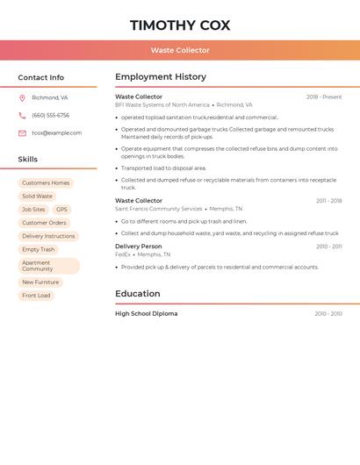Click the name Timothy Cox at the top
[x=180, y=25]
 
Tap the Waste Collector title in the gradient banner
[x=180, y=50]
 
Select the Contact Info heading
[x=41, y=77]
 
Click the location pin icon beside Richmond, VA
[x=22, y=98]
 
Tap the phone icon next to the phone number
[x=22, y=116]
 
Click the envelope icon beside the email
[x=22, y=133]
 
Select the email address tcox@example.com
[x=56, y=133]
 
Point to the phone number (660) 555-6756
[x=50, y=116]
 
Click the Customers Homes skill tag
[x=46, y=183]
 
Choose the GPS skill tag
[x=61, y=210]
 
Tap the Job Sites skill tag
[x=33, y=210]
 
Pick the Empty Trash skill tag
[x=38, y=249]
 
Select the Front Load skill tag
[x=36, y=296]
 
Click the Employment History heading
[x=161, y=77]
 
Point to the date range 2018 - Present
[x=324, y=97]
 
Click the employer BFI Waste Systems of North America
[x=162, y=105]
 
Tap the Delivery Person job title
[x=139, y=247]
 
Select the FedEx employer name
[x=123, y=254]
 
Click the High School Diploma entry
[x=146, y=313]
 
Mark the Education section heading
[x=138, y=294]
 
